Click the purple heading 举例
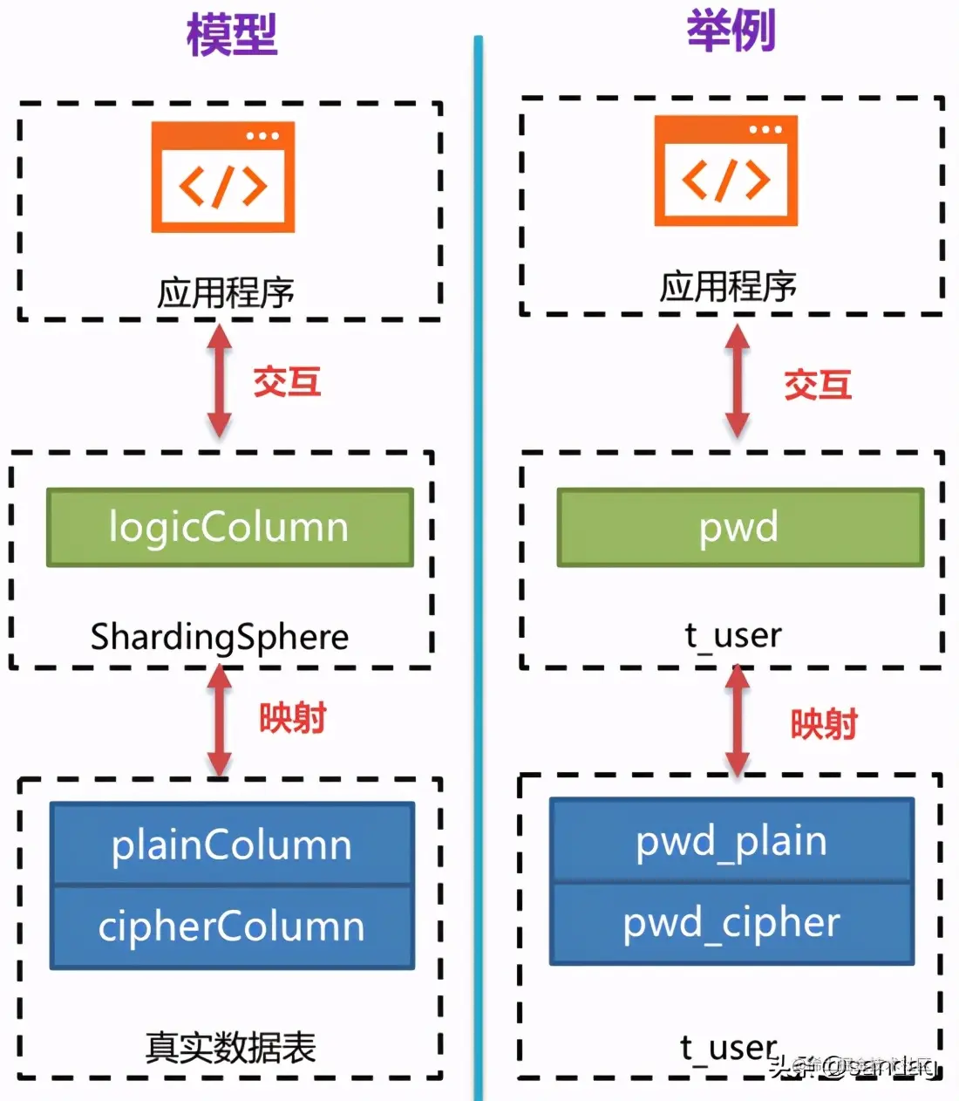(731, 31)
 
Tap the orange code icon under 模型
(223, 177)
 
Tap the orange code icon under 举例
(726, 171)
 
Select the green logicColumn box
(229, 528)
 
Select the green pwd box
(739, 528)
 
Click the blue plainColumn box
(232, 845)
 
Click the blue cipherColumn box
(232, 927)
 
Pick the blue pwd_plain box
(731, 840)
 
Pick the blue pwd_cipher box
(731, 922)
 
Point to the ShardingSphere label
(220, 637)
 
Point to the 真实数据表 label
(230, 1047)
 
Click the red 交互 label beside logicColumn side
(287, 382)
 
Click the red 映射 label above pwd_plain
(824, 724)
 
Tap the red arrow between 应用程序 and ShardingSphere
(219, 381)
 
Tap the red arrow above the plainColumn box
(219, 721)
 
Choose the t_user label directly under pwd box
(732, 635)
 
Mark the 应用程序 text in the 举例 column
(728, 286)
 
